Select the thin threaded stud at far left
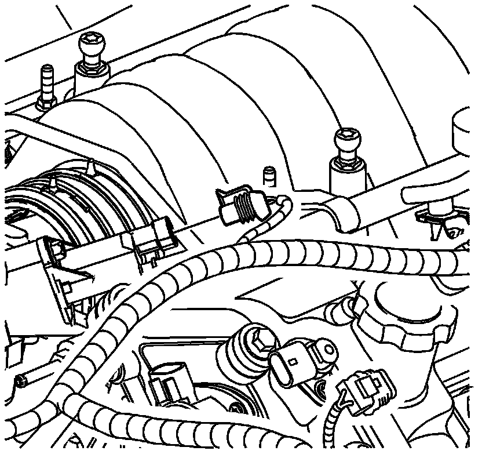click(x=46, y=82)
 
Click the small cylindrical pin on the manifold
click(x=268, y=175)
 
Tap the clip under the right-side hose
click(x=434, y=220)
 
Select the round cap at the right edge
click(x=466, y=125)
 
